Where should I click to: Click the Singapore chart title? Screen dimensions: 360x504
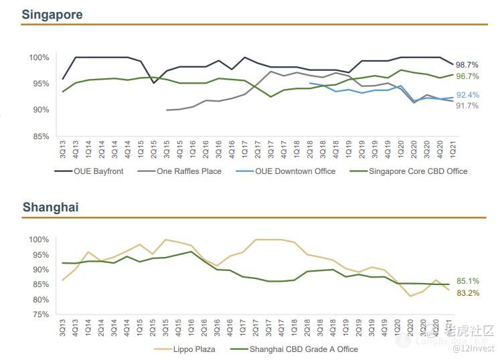pyautogui.click(x=52, y=14)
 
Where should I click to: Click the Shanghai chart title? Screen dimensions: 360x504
pyautogui.click(x=50, y=207)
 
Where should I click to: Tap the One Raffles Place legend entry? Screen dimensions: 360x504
pyautogui.click(x=185, y=171)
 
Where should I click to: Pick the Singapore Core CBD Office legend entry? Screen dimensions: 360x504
pyautogui.click(x=416, y=171)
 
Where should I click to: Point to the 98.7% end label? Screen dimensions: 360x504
pyautogui.click(x=467, y=65)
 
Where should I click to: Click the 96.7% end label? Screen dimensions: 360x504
pyautogui.click(x=467, y=77)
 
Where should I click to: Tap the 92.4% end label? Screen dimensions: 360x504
pyautogui.click(x=467, y=95)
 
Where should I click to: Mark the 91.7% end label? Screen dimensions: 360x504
pyautogui.click(x=467, y=106)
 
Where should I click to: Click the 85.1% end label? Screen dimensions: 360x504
pyautogui.click(x=467, y=282)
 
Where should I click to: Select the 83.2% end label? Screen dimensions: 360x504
pyautogui.click(x=467, y=293)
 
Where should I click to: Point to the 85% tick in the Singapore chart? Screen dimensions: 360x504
pyautogui.click(x=40, y=136)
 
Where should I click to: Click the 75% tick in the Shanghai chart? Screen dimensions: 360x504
pyautogui.click(x=40, y=314)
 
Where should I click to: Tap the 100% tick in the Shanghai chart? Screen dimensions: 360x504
pyautogui.click(x=38, y=240)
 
